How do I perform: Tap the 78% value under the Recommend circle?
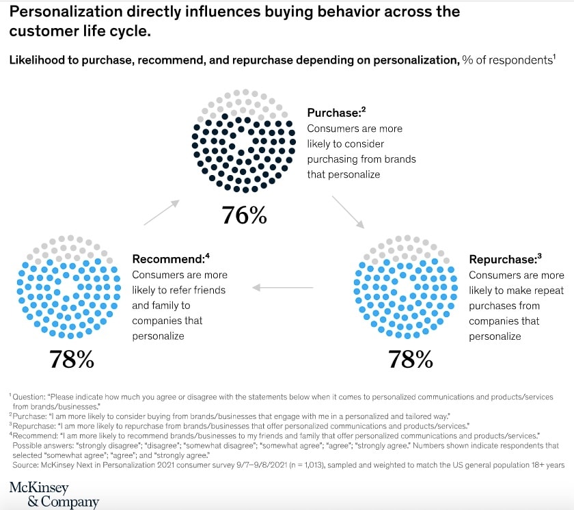click(71, 359)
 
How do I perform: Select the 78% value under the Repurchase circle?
click(410, 359)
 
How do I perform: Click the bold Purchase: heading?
click(334, 113)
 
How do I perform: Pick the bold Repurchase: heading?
click(502, 260)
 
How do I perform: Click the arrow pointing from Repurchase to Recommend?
click(286, 287)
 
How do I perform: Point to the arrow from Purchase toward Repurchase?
click(348, 211)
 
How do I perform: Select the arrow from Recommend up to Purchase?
click(161, 212)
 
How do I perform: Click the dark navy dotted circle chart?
click(243, 141)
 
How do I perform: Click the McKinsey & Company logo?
click(54, 494)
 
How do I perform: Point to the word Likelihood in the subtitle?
click(37, 60)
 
